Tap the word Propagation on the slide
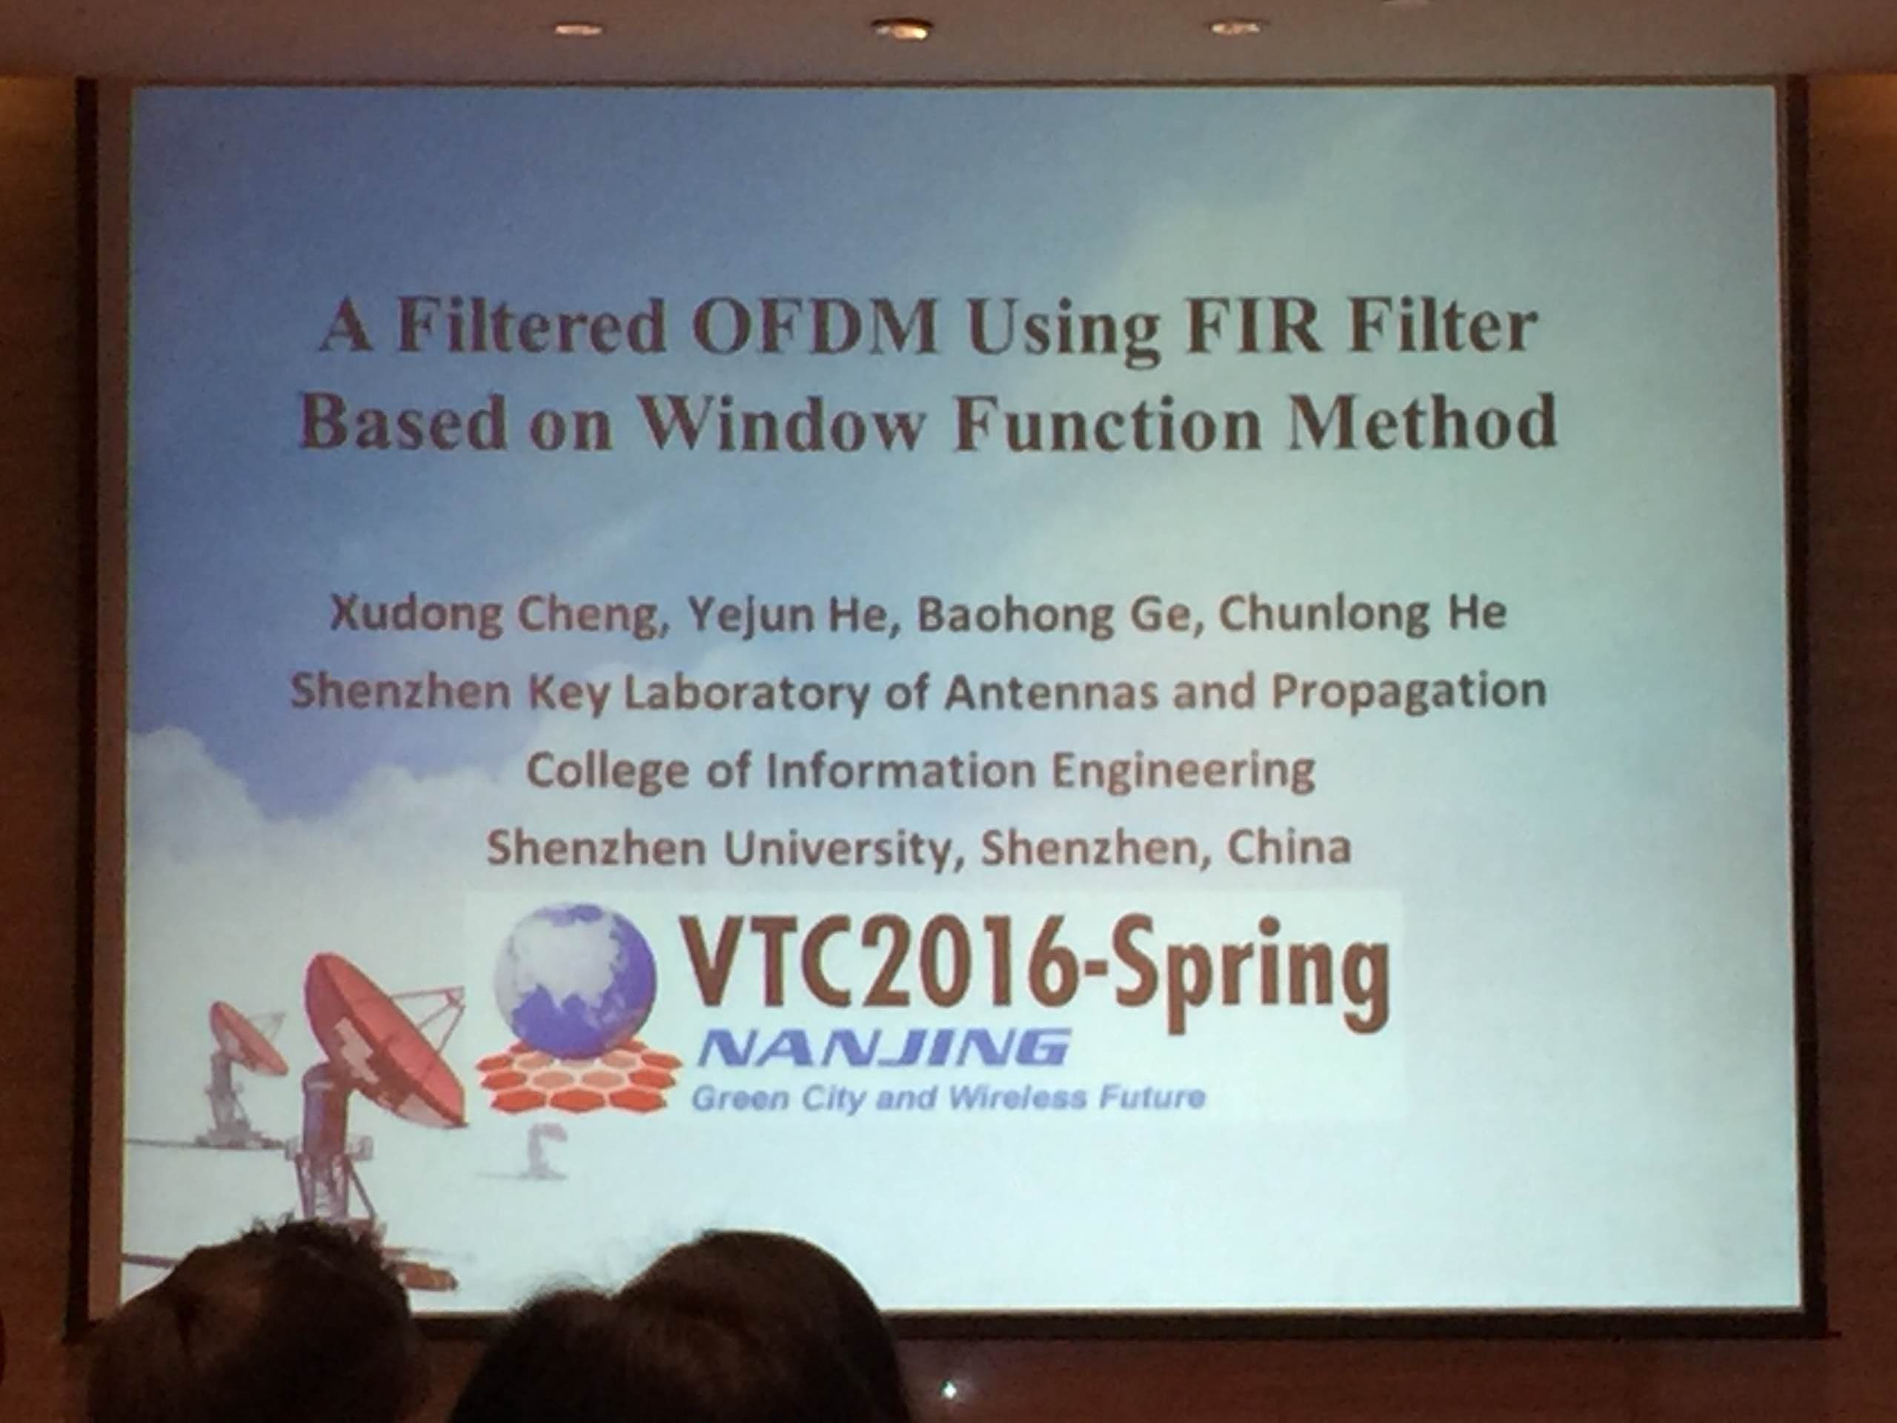coord(1409,692)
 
